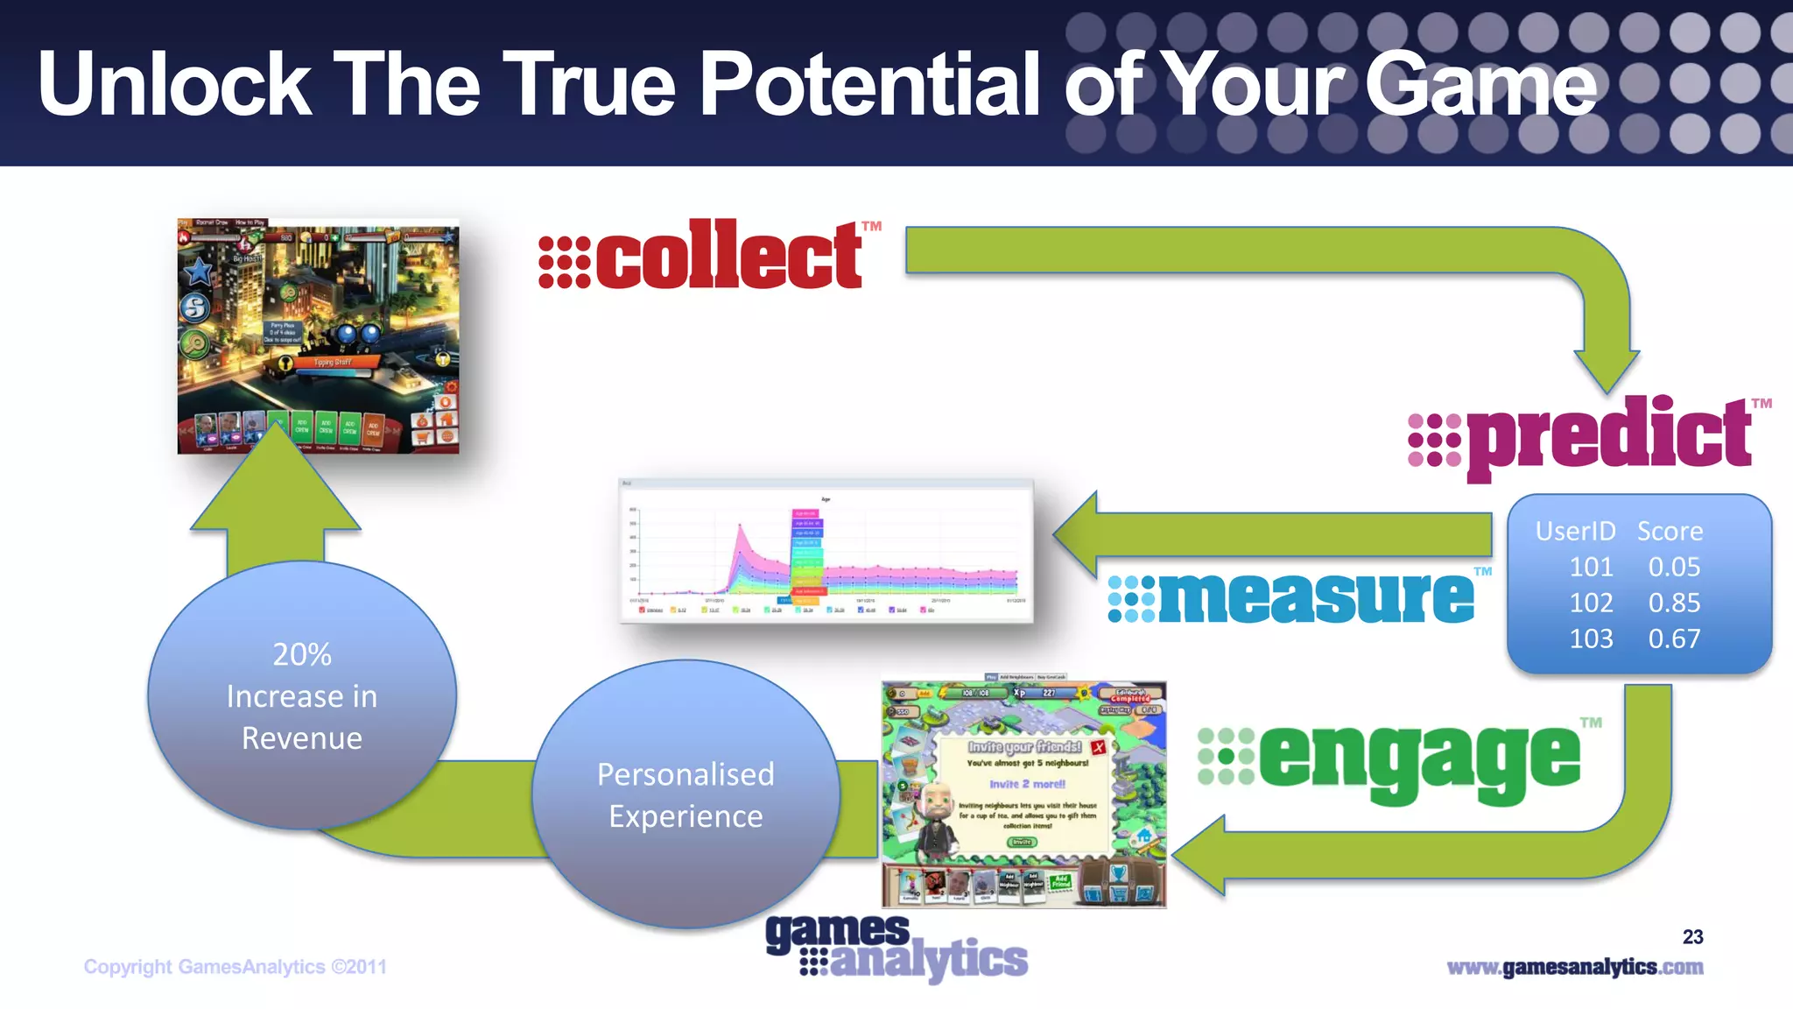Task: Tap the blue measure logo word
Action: [1316, 598]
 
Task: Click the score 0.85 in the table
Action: [1674, 603]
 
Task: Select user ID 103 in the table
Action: [1591, 639]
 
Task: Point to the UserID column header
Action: [1575, 531]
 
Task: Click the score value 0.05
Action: [1674, 567]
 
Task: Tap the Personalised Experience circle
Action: [686, 794]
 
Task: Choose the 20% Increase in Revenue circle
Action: [302, 695]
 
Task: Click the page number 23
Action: [1692, 937]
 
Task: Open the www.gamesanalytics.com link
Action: [1574, 967]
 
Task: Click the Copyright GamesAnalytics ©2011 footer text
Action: [235, 967]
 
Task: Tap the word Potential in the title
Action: [870, 84]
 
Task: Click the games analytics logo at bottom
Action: [896, 948]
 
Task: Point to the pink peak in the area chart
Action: [740, 528]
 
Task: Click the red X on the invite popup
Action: [1098, 747]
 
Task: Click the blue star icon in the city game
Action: [199, 272]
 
